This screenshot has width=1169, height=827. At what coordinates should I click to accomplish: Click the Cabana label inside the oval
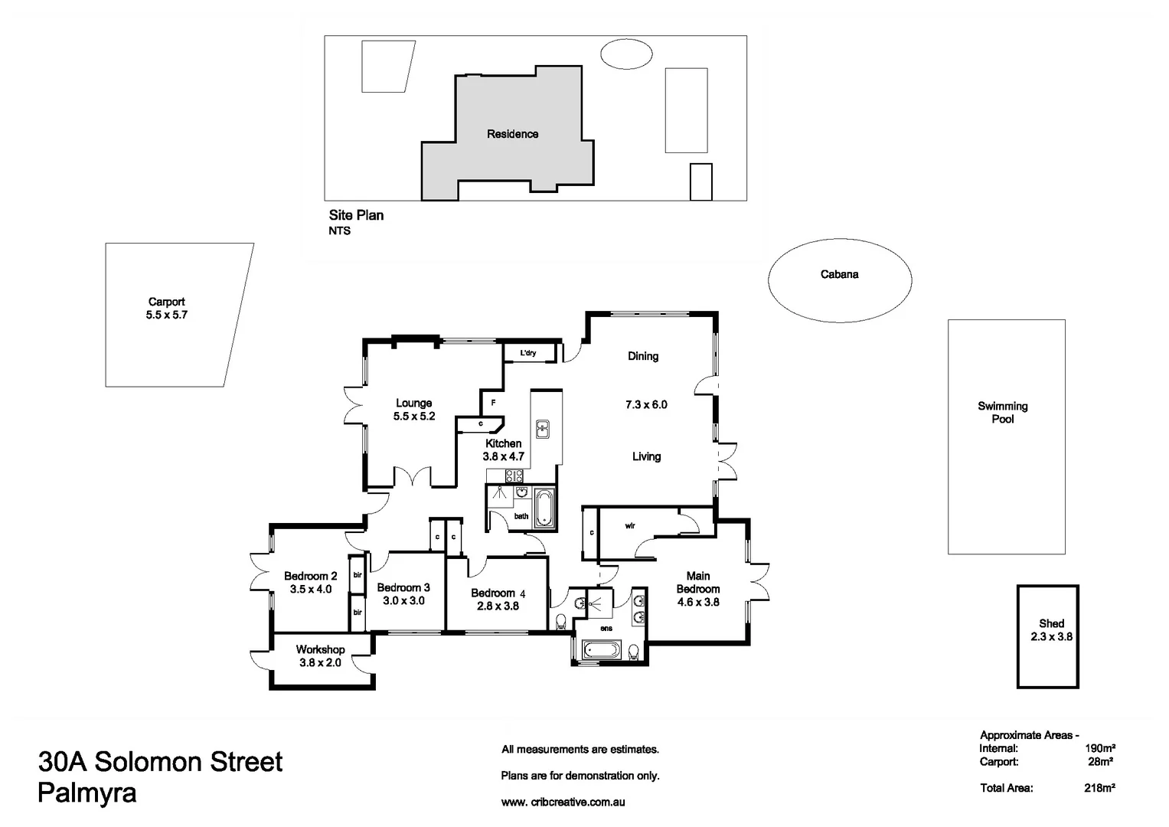pyautogui.click(x=839, y=274)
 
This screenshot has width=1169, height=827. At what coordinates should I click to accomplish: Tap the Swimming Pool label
pyautogui.click(x=1002, y=412)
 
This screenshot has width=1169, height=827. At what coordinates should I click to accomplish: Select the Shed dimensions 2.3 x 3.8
pyautogui.click(x=1051, y=636)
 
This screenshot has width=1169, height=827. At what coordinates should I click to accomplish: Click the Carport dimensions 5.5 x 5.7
pyautogui.click(x=166, y=315)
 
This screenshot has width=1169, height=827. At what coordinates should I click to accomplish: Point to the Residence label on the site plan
pyautogui.click(x=512, y=134)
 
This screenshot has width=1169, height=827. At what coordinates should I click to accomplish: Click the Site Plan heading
pyautogui.click(x=356, y=215)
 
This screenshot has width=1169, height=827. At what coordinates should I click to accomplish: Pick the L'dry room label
pyautogui.click(x=528, y=353)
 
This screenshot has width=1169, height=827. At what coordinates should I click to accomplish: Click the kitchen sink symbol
pyautogui.click(x=543, y=429)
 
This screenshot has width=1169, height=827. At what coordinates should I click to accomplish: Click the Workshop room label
pyautogui.click(x=320, y=649)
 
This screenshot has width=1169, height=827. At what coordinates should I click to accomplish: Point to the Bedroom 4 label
pyautogui.click(x=498, y=593)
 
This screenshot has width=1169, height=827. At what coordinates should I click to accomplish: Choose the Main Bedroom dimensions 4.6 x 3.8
pyautogui.click(x=697, y=602)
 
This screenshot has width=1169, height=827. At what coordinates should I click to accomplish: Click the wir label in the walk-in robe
pyautogui.click(x=629, y=526)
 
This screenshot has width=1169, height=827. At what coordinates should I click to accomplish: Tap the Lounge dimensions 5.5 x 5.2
pyautogui.click(x=413, y=417)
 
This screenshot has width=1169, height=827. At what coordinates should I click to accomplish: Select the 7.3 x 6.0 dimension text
pyautogui.click(x=646, y=404)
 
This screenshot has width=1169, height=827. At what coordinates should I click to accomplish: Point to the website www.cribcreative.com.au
pyautogui.click(x=563, y=802)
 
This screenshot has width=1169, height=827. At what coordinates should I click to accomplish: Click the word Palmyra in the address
pyautogui.click(x=87, y=793)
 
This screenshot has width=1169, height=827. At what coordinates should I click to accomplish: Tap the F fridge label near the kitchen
pyautogui.click(x=493, y=402)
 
